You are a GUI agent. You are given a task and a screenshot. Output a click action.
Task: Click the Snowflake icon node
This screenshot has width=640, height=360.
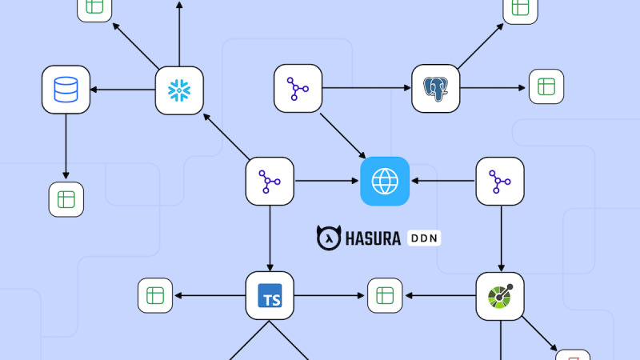[x=178, y=90]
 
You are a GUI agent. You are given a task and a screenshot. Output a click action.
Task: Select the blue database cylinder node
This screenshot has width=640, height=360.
[x=66, y=90]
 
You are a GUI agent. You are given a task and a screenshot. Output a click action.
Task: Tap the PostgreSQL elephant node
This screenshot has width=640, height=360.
[x=435, y=89]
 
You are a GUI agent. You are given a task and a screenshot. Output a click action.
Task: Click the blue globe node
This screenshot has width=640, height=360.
[x=385, y=182]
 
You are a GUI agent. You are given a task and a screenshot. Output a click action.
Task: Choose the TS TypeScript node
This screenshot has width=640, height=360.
[x=270, y=296]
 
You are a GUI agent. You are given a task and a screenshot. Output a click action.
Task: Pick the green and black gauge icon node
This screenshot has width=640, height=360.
[x=500, y=296]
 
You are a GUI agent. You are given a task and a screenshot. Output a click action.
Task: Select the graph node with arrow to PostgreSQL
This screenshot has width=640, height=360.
[x=298, y=89]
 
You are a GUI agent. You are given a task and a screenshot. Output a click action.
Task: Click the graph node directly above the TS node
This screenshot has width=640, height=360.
[x=270, y=182]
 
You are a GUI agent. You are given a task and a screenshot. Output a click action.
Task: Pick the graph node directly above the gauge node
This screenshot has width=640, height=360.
[x=500, y=182]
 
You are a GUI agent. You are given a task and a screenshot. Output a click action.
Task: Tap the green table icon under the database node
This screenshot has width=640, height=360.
[x=66, y=199]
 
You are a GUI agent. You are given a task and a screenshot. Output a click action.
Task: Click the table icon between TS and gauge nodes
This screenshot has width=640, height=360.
[x=385, y=296]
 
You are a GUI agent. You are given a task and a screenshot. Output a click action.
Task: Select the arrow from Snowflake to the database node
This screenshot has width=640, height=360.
[x=122, y=90]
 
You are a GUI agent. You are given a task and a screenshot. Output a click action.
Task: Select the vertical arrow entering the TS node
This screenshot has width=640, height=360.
[x=270, y=238]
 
